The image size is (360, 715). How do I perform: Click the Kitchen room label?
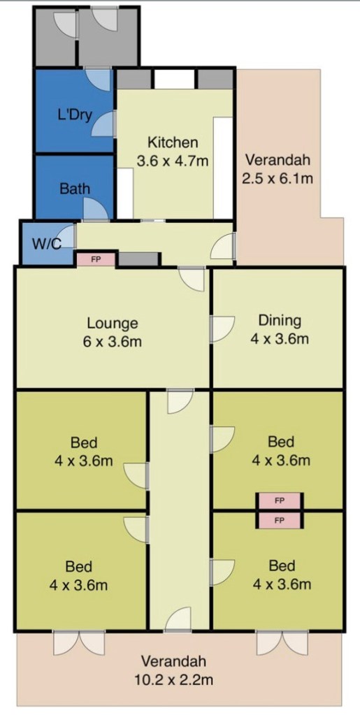tap(173, 143)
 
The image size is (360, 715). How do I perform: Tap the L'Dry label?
tap(75, 115)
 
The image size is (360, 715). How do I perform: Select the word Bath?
tap(75, 189)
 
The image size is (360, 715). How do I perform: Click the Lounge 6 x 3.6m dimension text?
tap(113, 342)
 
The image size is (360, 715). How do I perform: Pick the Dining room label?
tap(280, 320)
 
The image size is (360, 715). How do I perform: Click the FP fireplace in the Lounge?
tap(96, 259)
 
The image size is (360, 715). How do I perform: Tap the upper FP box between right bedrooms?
tap(280, 500)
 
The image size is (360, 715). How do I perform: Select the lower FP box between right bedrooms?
tap(280, 520)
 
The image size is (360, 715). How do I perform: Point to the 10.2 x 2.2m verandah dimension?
tap(173, 681)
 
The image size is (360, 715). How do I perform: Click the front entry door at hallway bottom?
tap(178, 619)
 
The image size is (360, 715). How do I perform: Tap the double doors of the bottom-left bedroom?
tap(80, 643)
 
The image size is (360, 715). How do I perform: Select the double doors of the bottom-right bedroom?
tap(282, 643)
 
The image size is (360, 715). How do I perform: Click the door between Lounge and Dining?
tap(222, 328)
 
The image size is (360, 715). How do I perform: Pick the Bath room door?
tap(96, 210)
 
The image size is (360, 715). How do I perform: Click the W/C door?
tap(67, 236)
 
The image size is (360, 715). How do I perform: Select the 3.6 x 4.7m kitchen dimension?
tap(173, 161)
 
